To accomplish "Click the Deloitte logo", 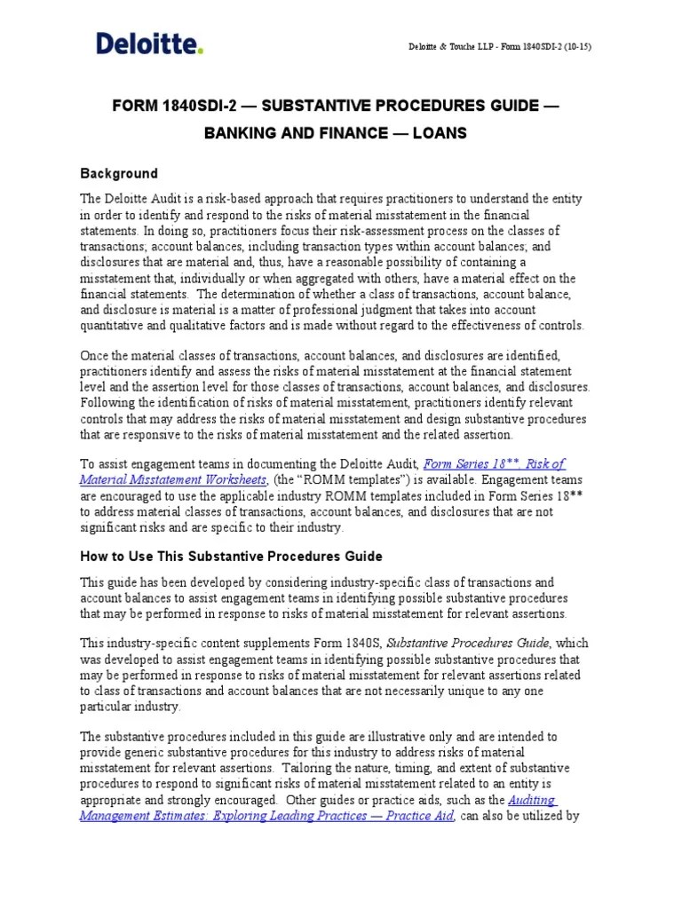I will pyautogui.click(x=149, y=43).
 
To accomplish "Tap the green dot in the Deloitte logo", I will pyautogui.click(x=201, y=51).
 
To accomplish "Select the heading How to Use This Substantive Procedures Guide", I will pyautogui.click(x=231, y=556).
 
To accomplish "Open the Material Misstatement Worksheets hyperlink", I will pyautogui.click(x=172, y=479).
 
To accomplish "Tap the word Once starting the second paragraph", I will pyautogui.click(x=96, y=355).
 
